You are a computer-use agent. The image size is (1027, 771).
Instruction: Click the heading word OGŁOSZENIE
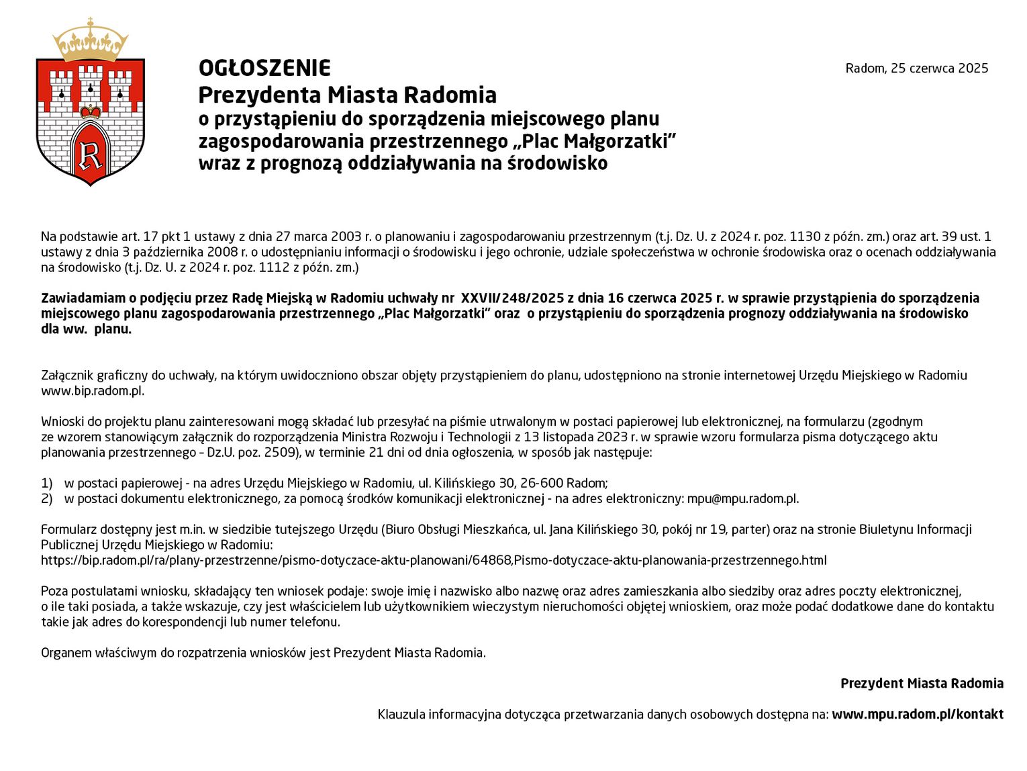coord(264,69)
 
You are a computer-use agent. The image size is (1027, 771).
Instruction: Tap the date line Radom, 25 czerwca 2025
coord(916,69)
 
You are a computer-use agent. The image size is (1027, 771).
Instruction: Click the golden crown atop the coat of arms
coord(91,42)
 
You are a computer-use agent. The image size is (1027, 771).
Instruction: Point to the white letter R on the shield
coord(91,155)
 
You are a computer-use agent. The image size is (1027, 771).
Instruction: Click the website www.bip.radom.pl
coord(93,391)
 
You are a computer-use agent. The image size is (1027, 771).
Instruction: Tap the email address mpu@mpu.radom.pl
coord(742,499)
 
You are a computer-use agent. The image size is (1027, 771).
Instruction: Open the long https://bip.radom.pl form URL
coord(434,561)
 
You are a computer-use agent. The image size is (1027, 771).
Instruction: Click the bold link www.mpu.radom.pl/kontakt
coord(918,715)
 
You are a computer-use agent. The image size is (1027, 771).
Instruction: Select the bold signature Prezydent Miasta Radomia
coord(922,684)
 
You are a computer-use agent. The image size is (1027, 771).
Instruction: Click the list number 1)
coord(46,484)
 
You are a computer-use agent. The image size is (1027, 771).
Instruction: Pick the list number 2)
coord(46,499)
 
